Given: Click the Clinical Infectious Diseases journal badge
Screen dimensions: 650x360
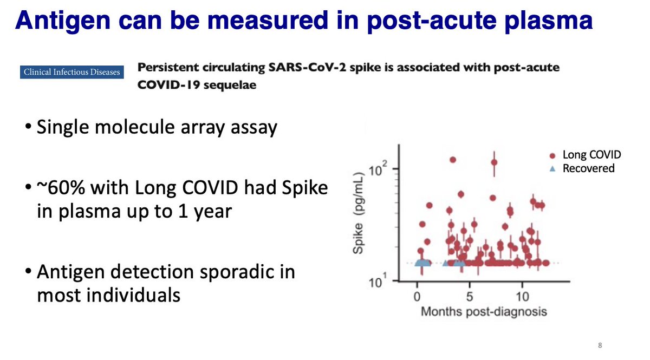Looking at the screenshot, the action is (x=71, y=72).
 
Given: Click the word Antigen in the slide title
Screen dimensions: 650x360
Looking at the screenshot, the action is (x=63, y=21).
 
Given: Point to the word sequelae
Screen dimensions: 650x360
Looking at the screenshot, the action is (x=230, y=86).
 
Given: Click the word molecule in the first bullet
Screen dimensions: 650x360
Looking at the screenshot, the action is (x=135, y=127).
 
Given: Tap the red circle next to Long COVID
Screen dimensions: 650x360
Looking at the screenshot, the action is (x=552, y=156).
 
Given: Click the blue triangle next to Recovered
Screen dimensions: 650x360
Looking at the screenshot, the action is (x=552, y=168).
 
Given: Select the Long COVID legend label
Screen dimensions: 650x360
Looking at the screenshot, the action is (x=591, y=155).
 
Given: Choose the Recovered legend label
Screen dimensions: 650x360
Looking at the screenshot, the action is (x=588, y=168).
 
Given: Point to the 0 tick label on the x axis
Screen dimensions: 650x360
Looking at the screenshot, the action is (x=417, y=297).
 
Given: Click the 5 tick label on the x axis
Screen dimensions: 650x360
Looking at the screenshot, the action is (x=470, y=297).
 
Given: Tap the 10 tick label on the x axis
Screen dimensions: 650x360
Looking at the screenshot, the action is (x=522, y=297).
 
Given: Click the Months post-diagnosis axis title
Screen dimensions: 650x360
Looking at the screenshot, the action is (x=484, y=312).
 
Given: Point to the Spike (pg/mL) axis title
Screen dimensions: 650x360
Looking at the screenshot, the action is (x=358, y=213).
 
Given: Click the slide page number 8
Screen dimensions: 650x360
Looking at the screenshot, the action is (x=600, y=345).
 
